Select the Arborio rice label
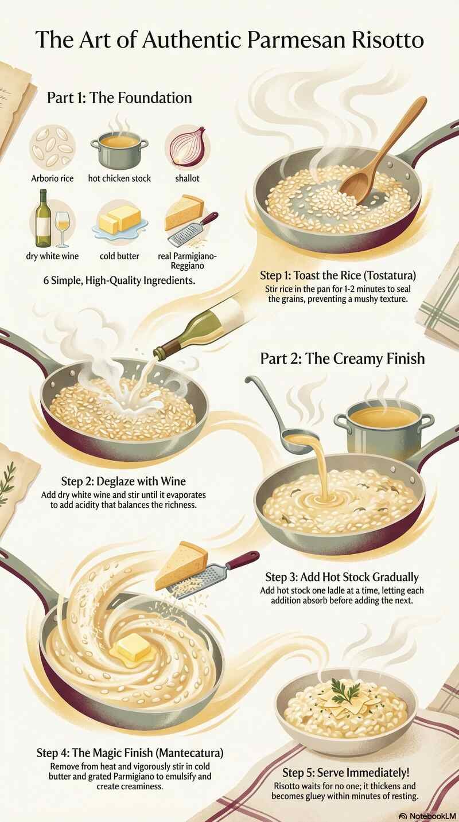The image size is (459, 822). pos(52,178)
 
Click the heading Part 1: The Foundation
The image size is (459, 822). pos(119,98)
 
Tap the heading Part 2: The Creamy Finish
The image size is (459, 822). pos(343,359)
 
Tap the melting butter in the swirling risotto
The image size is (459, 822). pos(133,648)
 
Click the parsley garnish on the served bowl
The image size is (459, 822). pos(347,692)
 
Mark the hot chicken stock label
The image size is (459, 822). pos(119,178)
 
